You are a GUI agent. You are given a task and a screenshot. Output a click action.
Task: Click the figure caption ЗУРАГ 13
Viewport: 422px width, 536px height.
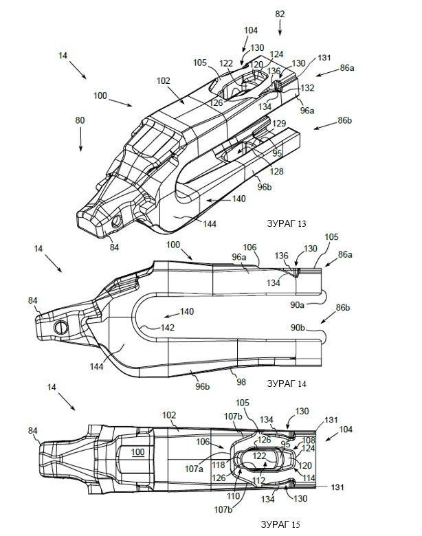pos(286,223)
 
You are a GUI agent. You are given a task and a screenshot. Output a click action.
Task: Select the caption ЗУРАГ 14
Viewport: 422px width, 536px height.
pos(286,383)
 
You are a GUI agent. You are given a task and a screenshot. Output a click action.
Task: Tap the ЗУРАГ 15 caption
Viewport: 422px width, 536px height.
pos(280,524)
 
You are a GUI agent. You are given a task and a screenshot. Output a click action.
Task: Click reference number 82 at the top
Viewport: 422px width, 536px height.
pos(280,14)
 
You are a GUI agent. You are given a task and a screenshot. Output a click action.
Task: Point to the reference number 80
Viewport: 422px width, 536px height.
pos(80,120)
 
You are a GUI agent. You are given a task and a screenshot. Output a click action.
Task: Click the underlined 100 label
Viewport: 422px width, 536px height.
pos(138,452)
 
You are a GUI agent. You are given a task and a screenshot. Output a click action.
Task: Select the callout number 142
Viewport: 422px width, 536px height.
pos(168,328)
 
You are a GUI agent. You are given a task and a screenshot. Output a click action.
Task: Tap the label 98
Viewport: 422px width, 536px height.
pos(241,382)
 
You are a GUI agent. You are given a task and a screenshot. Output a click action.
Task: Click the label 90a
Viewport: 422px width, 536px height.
pos(297,304)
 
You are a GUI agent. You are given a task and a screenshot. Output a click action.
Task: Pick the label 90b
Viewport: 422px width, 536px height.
pos(298,328)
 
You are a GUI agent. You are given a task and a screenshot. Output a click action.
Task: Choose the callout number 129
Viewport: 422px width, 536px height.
pos(279,124)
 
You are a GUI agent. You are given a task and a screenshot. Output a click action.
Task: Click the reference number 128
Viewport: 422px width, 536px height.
pos(276,171)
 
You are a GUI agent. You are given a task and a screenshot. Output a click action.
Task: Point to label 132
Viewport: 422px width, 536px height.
pos(307,87)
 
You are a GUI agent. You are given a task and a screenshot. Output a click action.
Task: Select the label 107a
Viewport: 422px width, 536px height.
pos(194,469)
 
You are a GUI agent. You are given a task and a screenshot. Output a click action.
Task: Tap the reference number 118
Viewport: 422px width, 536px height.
pos(218,465)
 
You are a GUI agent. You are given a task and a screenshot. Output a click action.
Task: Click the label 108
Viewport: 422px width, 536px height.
pos(309,440)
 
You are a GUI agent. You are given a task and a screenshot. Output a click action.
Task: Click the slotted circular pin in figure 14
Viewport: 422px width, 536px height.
pos(61,328)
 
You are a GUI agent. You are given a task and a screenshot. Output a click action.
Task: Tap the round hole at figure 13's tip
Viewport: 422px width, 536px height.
pos(117,222)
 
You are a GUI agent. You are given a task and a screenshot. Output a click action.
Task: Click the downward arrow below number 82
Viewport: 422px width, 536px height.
pos(280,27)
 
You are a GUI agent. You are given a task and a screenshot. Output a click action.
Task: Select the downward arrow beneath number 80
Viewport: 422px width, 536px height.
pos(80,139)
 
